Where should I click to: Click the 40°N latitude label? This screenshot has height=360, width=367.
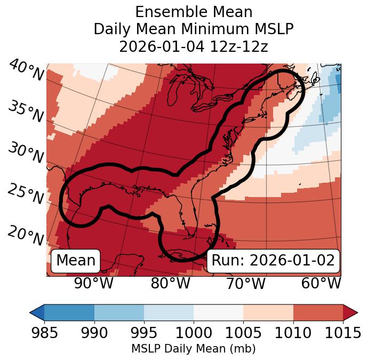coord(26,71)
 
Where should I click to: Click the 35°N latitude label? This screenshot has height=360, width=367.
coord(25,111)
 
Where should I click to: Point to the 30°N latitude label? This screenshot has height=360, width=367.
coord(25,153)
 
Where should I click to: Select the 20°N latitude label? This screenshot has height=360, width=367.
coord(25,235)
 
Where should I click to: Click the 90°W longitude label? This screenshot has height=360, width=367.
coord(93,284)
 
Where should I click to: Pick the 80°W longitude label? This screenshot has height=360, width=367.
coord(171,284)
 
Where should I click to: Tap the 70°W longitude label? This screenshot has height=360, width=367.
coord(246,284)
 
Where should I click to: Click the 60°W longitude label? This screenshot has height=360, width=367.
coord(321,284)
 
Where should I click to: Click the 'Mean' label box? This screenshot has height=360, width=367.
coord(76,261)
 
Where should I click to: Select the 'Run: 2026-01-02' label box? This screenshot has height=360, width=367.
coord(273,261)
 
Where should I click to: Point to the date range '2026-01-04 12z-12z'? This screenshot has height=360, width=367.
coord(194,46)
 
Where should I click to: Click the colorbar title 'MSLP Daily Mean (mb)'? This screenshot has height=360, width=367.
coord(194,349)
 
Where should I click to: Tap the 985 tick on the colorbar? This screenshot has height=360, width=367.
coord(44,333)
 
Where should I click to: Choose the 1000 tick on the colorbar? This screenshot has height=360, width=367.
coord(194,333)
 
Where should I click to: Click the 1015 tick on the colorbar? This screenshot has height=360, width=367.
coord(342,333)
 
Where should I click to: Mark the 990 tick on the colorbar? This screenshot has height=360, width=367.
coord(94,333)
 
